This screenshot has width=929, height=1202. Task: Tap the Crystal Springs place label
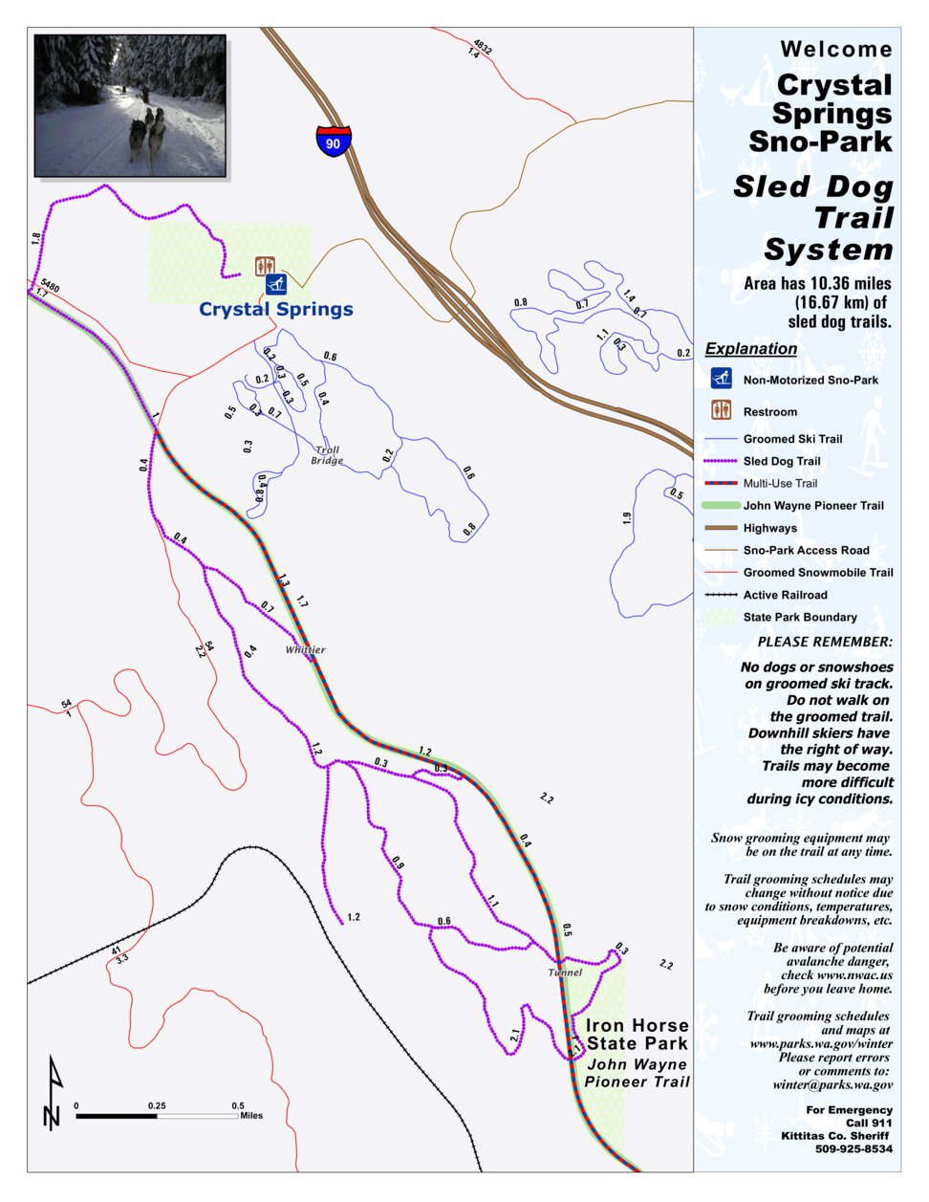[x=275, y=309]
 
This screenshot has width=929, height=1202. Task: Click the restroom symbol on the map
[x=265, y=266]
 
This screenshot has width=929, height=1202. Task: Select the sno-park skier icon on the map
[x=277, y=284]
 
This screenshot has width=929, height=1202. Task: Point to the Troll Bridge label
[x=326, y=455]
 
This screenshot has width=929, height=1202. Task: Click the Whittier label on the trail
[x=305, y=649]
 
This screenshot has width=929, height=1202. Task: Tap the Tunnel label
[x=565, y=973]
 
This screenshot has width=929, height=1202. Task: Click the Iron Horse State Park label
[x=637, y=1034]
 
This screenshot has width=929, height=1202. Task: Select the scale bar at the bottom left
[x=157, y=1115]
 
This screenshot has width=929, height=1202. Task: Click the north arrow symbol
[x=52, y=1092]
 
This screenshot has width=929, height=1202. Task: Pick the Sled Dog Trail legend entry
[x=781, y=461]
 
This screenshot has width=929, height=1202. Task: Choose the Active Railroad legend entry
[x=785, y=595]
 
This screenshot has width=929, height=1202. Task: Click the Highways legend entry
[x=769, y=528]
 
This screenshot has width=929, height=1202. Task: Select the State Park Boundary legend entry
[x=799, y=617]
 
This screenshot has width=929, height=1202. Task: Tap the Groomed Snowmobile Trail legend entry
[x=817, y=573]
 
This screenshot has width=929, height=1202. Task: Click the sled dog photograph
[x=130, y=105]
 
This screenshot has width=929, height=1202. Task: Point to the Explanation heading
[x=751, y=349]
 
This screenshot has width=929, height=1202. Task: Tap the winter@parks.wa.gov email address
[x=833, y=1084]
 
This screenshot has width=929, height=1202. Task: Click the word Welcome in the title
[x=836, y=50]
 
